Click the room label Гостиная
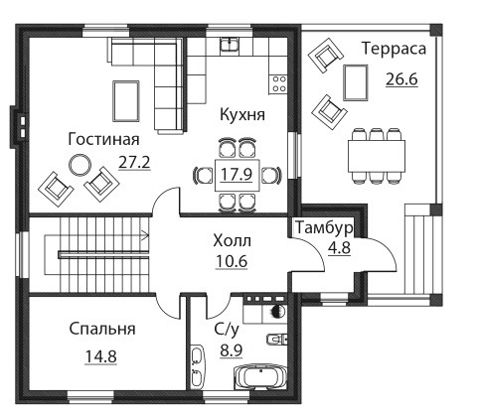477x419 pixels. point(103,139)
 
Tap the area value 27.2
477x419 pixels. point(134,162)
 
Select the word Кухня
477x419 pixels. point(242,115)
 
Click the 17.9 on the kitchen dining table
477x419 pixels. point(237,175)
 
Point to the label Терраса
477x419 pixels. point(394,49)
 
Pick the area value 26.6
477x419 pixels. point(401,79)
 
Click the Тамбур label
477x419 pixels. point(324,228)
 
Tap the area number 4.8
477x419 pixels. point(339,247)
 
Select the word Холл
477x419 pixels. point(232,240)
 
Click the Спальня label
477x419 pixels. point(102,329)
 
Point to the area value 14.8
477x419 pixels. point(101,356)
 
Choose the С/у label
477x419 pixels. point(227,330)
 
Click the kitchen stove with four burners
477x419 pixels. point(278,83)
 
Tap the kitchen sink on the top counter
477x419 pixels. point(230,44)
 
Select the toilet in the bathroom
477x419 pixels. point(277,339)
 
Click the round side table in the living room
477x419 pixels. point(79,165)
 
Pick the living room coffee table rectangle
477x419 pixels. point(125,101)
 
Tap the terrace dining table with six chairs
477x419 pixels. point(377,156)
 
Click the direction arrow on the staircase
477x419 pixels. point(145,235)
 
